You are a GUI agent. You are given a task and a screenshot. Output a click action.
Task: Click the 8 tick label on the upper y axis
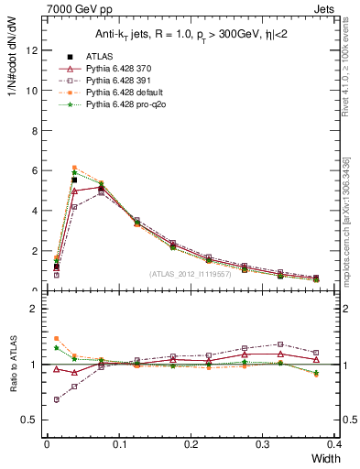coord(35,130)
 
